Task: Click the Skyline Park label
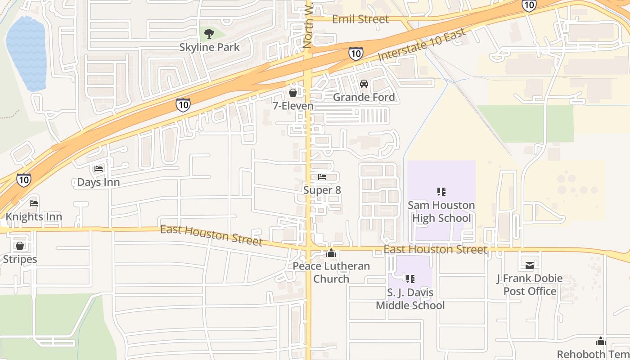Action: coord(209,47)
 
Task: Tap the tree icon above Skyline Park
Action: coord(209,33)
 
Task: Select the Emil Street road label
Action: coord(360,19)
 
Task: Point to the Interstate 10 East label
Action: coord(422,45)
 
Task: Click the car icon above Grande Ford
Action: coord(364,84)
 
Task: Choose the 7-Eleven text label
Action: coord(293,106)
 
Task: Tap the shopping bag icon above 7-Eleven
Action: coord(293,93)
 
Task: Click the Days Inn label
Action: coord(98,182)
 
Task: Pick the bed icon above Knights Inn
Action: coord(34,203)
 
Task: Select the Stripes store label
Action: coord(20,259)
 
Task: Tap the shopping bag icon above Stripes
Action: coord(20,246)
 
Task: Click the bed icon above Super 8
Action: coord(322,177)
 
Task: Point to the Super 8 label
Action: coord(322,190)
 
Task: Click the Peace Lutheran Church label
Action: coord(331,272)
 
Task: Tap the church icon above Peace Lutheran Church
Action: coord(331,253)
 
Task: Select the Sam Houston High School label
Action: coord(441,211)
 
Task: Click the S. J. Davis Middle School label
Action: coord(410,299)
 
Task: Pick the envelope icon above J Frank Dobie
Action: coord(530,265)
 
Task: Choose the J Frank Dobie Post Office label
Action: coord(530,284)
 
